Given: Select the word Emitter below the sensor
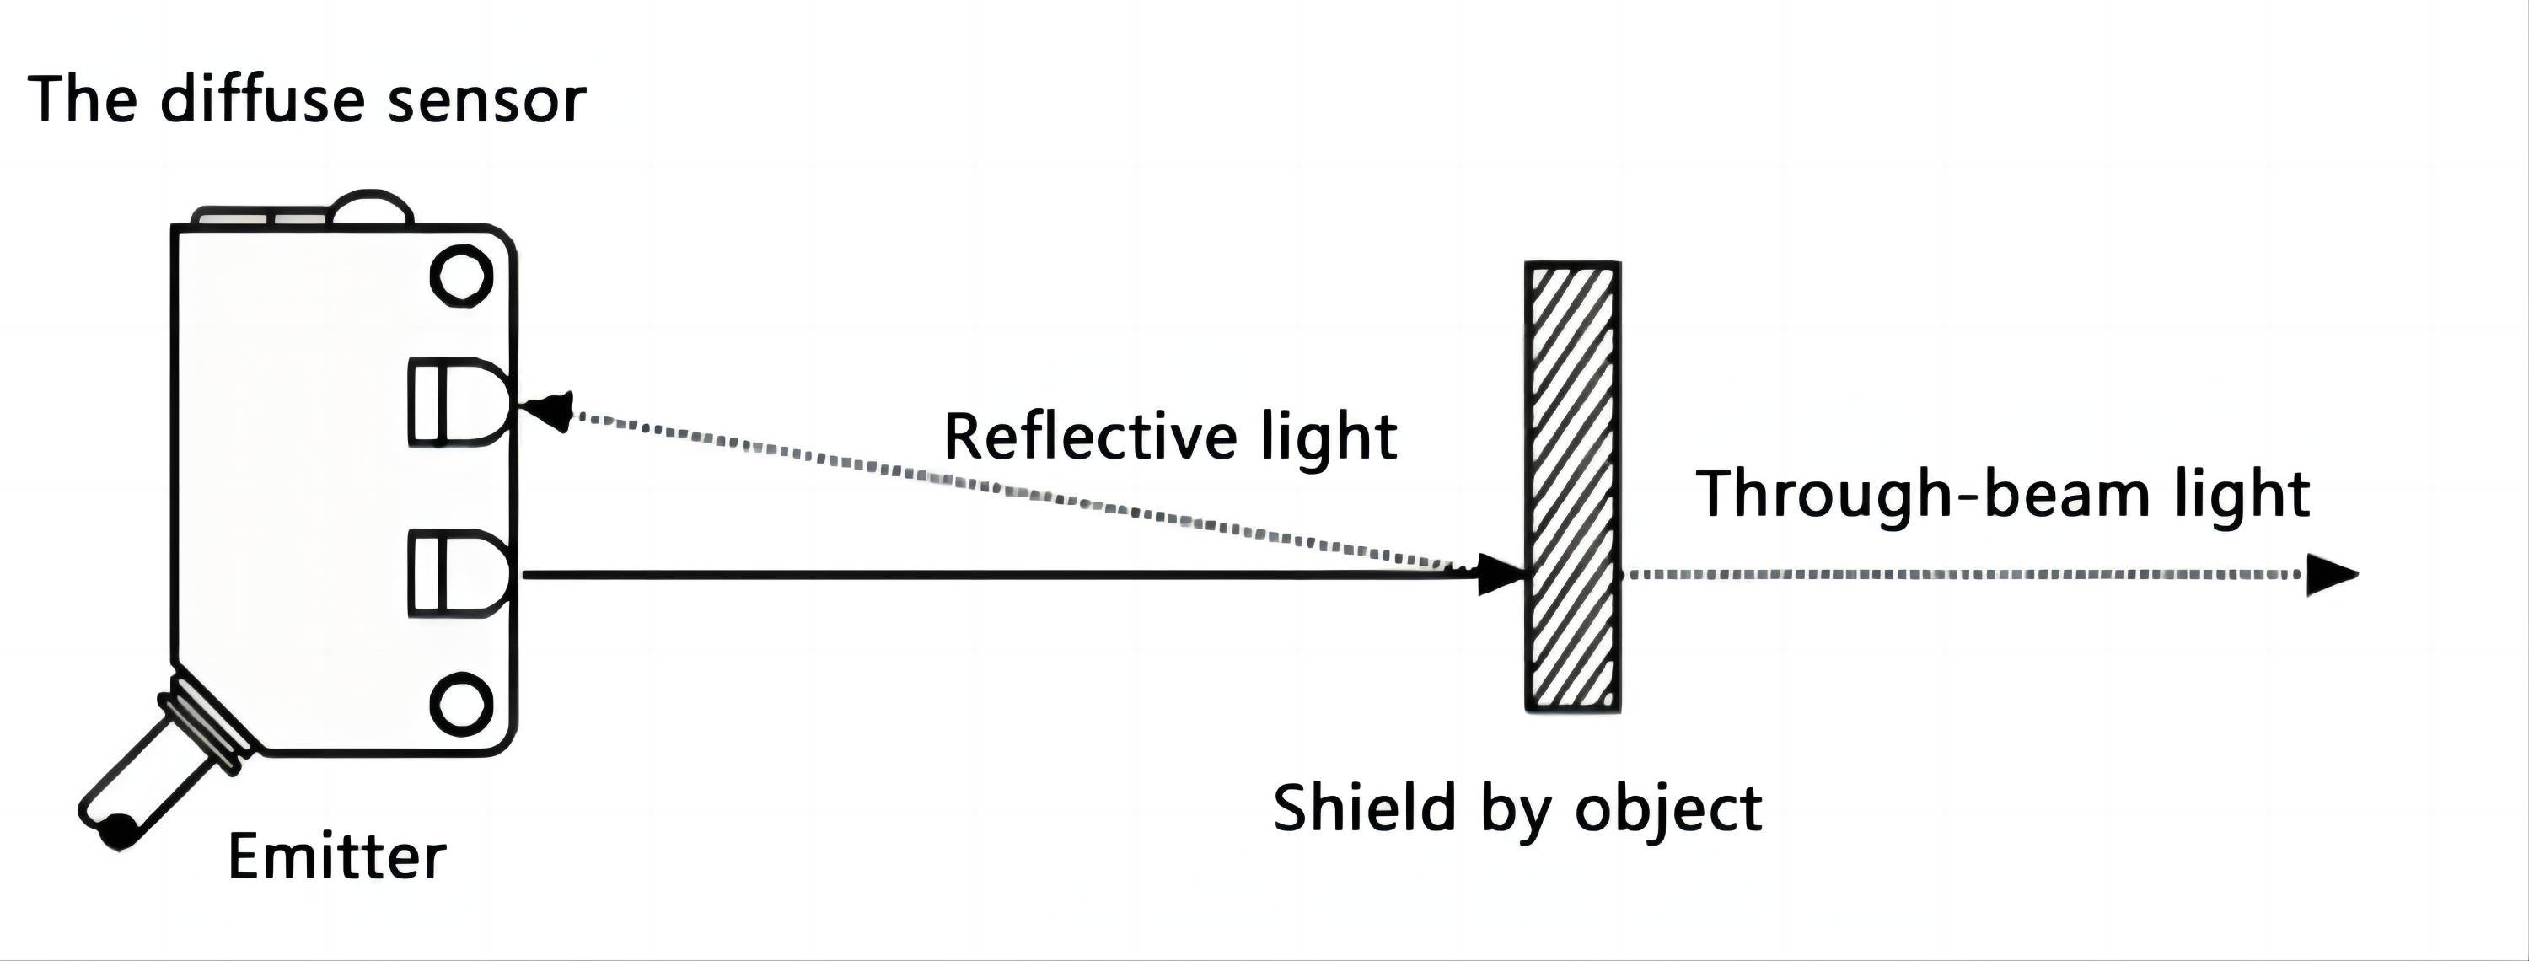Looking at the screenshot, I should pos(336,856).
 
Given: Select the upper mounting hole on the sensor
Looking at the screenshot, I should pos(461,276).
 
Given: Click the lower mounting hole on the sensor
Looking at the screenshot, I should pos(461,703).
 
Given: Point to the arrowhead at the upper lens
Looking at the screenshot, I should pos(550,410).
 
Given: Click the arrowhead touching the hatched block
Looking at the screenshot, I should pos(1499,574).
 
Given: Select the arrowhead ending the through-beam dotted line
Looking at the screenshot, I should pos(2328,575).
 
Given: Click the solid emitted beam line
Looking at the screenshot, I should pos(982,575).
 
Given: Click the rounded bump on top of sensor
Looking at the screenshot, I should pos(370,208).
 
